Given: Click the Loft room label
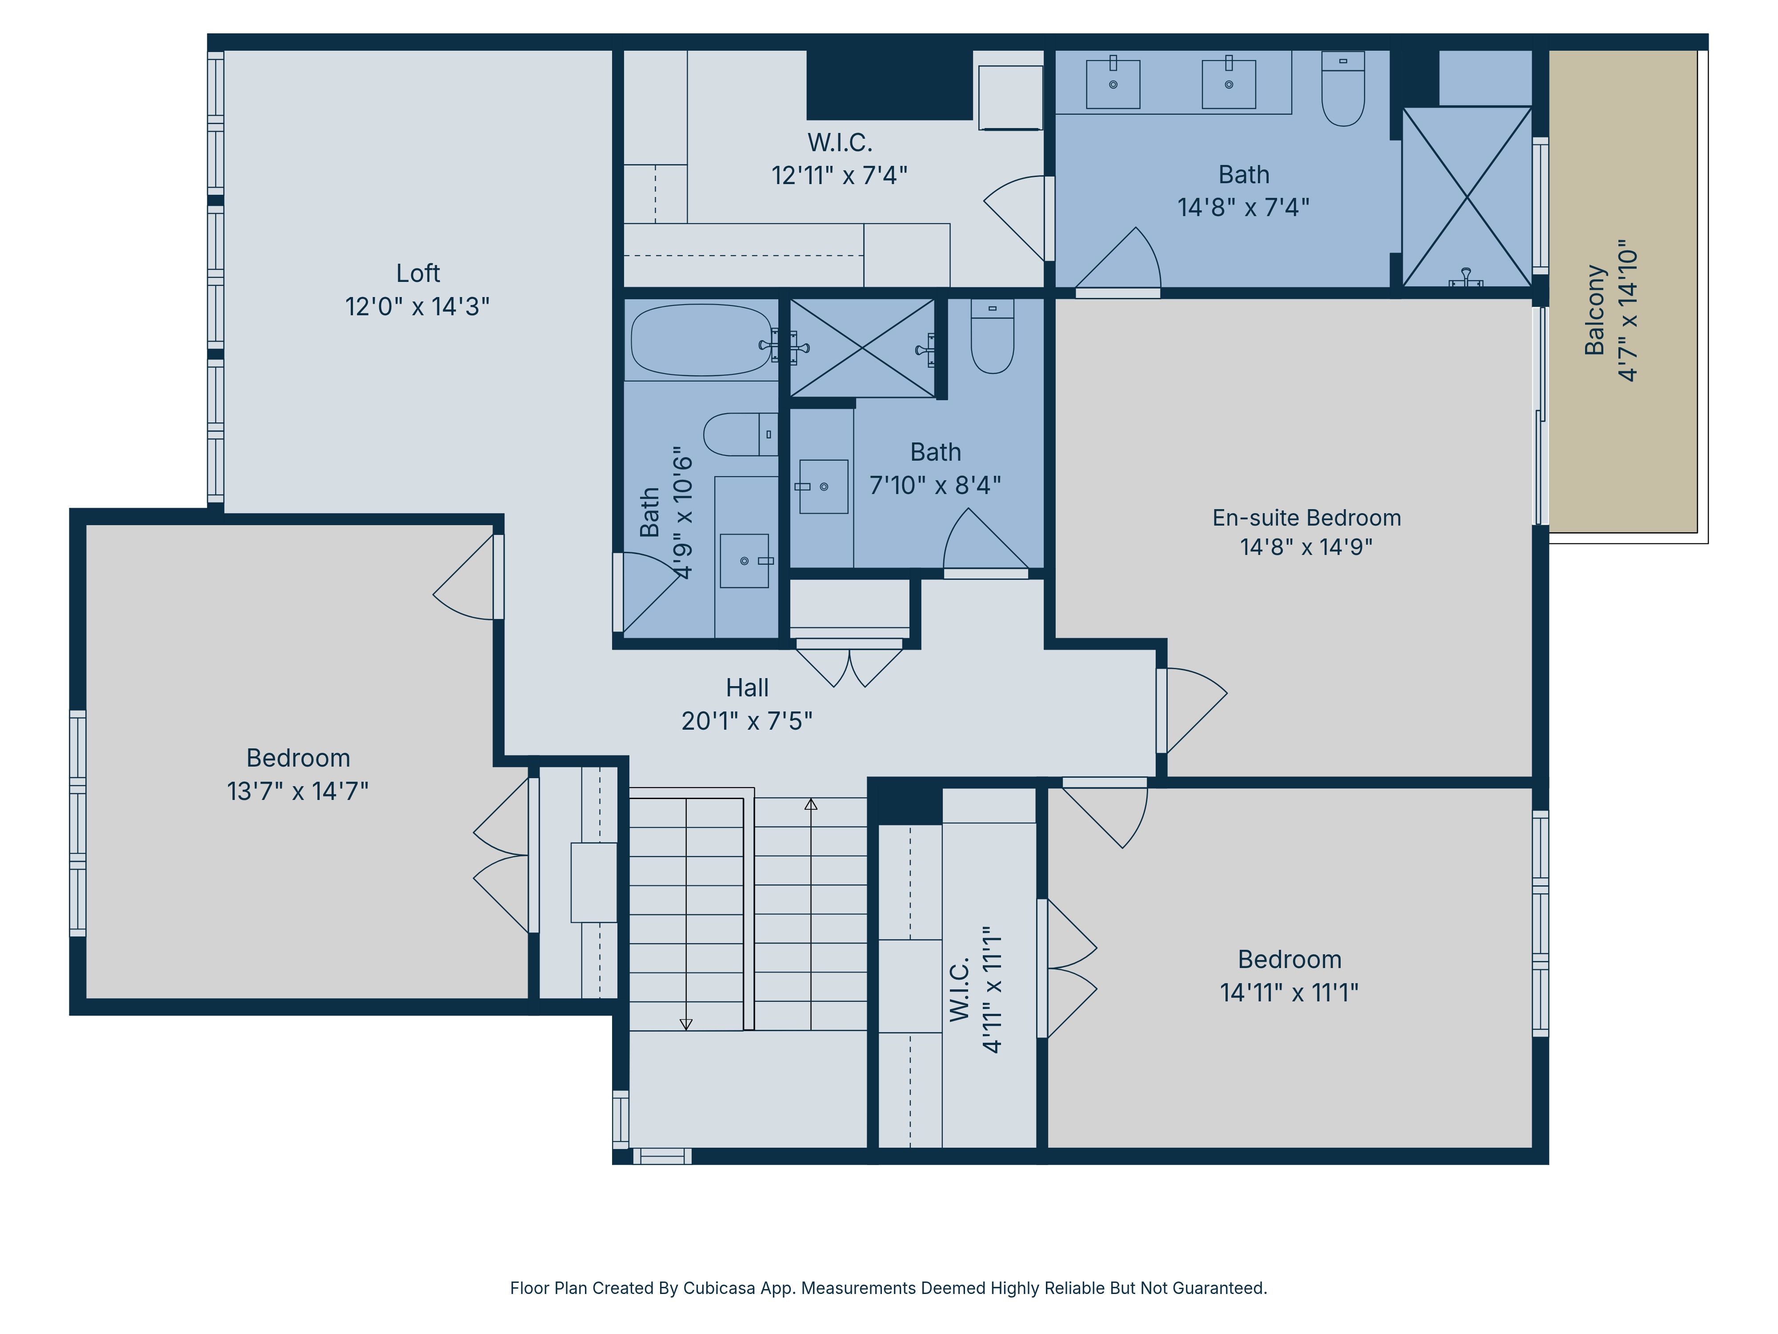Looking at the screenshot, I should coord(417,273).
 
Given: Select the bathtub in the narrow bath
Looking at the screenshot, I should coord(701,340).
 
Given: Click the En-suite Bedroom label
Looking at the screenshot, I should coord(1306,518).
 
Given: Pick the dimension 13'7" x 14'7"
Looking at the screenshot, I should coord(297,791).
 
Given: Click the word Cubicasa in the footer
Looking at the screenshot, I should coord(719,1288).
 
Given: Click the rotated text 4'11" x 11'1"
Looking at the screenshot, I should coord(992,989).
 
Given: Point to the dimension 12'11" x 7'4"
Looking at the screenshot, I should coord(839,175).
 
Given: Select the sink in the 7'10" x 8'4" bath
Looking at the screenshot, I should coord(823,486).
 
